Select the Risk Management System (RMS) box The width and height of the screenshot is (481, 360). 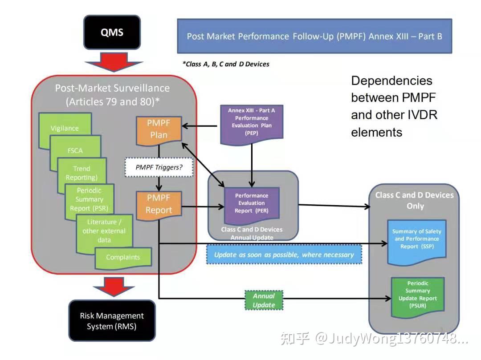[x=112, y=320]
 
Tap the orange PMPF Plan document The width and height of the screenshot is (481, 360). [x=159, y=129]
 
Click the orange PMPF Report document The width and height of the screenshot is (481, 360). [x=159, y=205]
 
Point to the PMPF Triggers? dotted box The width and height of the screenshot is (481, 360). [x=159, y=168]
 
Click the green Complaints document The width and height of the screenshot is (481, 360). [x=123, y=257]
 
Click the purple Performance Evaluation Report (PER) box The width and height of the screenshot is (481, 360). [x=252, y=203]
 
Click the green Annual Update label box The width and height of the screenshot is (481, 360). [x=264, y=300]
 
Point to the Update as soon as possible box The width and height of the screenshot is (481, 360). [x=284, y=255]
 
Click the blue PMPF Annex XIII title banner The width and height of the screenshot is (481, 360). [x=314, y=36]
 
